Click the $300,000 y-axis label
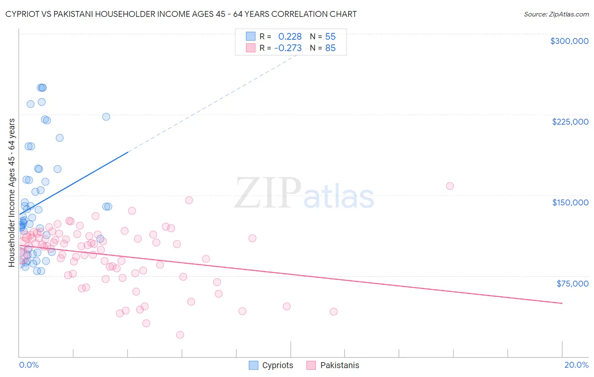pyautogui.click(x=569, y=41)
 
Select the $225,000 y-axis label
pyautogui.click(x=570, y=122)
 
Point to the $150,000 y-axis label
pyautogui.click(x=570, y=202)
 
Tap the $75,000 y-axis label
pyautogui.click(x=572, y=284)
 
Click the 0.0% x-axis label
pyautogui.click(x=29, y=365)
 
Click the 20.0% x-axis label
pyautogui.click(x=576, y=365)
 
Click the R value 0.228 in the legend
pyautogui.click(x=290, y=37)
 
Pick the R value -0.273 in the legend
pyautogui.click(x=288, y=48)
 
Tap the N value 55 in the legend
pyautogui.click(x=330, y=37)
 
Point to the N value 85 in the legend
pyautogui.click(x=330, y=48)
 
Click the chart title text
pyautogui.click(x=181, y=14)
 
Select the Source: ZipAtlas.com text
pyautogui.click(x=556, y=14)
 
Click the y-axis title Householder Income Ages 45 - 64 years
pyautogui.click(x=11, y=193)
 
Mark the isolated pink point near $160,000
pyautogui.click(x=450, y=186)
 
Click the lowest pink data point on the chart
pyautogui.click(x=180, y=335)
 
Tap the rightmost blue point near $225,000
pyautogui.click(x=106, y=117)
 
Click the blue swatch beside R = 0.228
pyautogui.click(x=251, y=36)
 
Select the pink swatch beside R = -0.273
pyautogui.click(x=251, y=48)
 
